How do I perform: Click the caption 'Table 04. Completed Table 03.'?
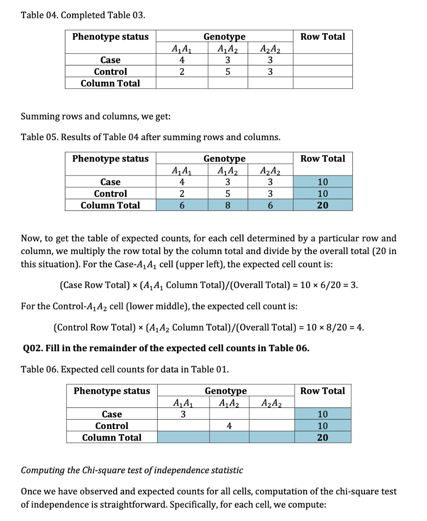(x=83, y=15)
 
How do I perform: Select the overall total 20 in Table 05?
(x=323, y=205)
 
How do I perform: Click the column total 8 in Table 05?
(x=228, y=205)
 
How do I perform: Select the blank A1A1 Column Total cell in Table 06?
(x=183, y=438)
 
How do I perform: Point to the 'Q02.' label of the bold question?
(x=32, y=348)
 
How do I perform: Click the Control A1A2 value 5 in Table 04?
(x=228, y=72)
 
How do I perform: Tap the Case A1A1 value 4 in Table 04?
(x=182, y=60)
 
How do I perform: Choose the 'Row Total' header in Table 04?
(x=323, y=37)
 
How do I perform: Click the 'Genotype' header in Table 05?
(x=224, y=159)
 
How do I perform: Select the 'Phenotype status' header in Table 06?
(x=112, y=391)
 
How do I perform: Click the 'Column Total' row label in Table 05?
(x=110, y=205)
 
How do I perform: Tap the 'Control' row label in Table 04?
(x=110, y=72)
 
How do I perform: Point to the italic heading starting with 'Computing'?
(x=131, y=470)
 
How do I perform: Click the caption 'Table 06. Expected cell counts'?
(x=125, y=369)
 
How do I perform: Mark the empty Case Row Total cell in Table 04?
(x=323, y=60)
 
